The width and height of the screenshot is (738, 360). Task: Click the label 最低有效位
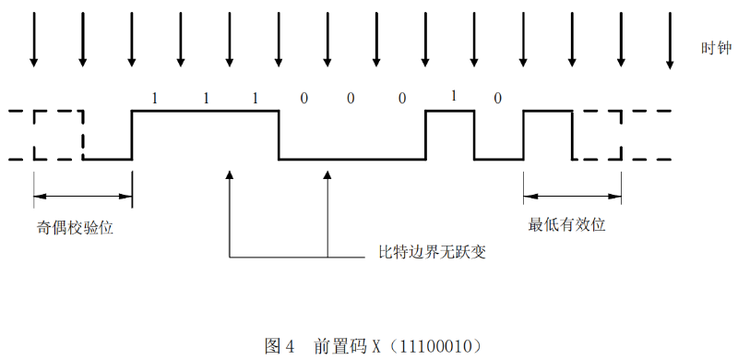(x=566, y=224)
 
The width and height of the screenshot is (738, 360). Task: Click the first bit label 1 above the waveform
(x=155, y=98)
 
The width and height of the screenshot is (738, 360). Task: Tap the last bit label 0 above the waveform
(x=498, y=98)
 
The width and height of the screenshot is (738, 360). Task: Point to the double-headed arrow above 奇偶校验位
(x=83, y=195)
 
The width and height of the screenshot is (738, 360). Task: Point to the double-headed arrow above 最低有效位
(x=572, y=195)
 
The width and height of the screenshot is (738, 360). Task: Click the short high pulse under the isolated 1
(x=449, y=112)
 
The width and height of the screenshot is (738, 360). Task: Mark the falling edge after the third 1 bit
(x=279, y=135)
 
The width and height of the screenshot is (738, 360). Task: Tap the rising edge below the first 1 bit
(x=132, y=135)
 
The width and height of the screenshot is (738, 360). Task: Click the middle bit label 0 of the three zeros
(x=351, y=98)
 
